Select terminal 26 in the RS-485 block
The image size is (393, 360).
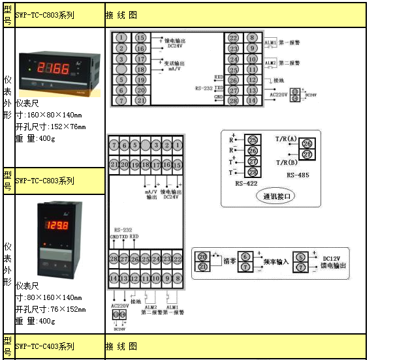(308, 143)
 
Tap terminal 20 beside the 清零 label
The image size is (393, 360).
(202, 257)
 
